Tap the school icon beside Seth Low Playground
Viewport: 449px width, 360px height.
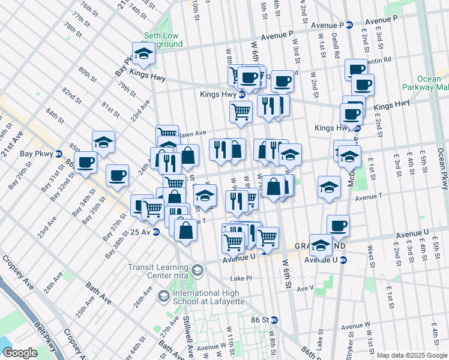pyautogui.click(x=144, y=55)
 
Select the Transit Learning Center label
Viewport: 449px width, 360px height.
pyautogui.click(x=160, y=272)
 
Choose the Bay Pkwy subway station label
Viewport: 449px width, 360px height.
pyautogui.click(x=40, y=154)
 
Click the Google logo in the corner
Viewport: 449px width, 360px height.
pyautogui.click(x=19, y=353)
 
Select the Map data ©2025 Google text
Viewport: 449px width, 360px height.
pyautogui.click(x=411, y=355)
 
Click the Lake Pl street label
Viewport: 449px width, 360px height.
pyautogui.click(x=241, y=278)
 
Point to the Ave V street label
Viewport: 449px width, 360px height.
pyautogui.click(x=304, y=288)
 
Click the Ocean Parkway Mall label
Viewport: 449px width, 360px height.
pyautogui.click(x=433, y=83)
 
